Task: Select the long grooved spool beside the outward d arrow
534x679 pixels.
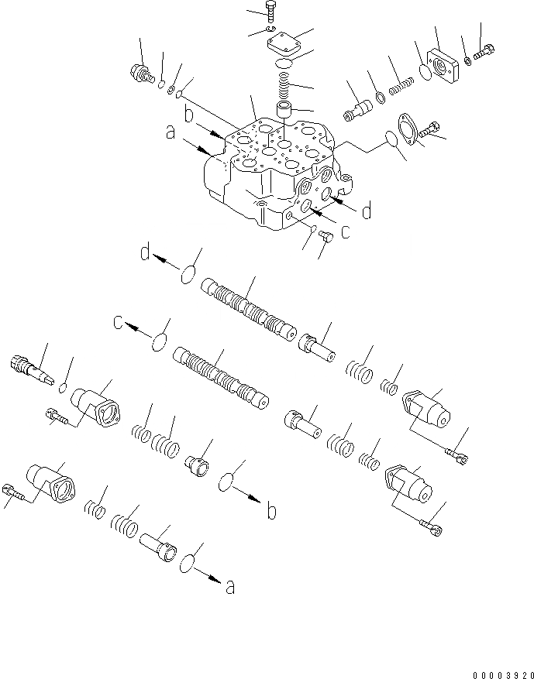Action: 248,310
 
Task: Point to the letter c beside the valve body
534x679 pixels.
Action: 345,230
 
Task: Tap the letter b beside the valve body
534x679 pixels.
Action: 188,116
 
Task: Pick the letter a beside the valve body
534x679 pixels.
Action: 169,133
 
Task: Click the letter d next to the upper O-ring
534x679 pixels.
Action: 144,252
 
